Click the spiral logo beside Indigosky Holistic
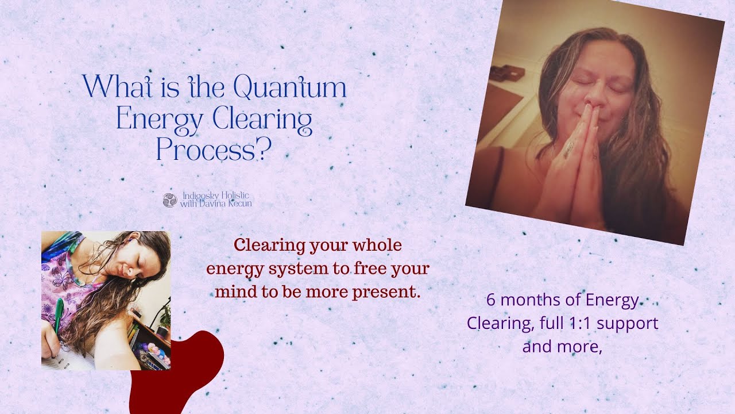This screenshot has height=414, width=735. (x=169, y=200)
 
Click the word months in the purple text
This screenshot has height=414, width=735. (x=523, y=300)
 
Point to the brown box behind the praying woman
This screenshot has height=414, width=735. (x=506, y=72)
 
